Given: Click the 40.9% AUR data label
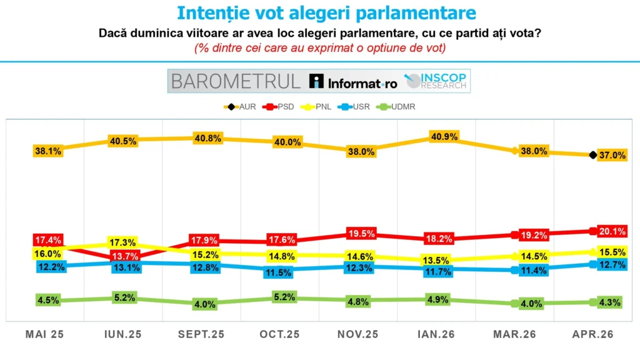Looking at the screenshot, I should (444, 136).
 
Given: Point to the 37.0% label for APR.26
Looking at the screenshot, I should (612, 156).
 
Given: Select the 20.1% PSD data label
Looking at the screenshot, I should (612, 231).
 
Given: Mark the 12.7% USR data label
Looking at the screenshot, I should (612, 265).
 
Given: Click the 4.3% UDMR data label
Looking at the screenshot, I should (610, 302).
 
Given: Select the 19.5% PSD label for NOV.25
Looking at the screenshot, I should (361, 234).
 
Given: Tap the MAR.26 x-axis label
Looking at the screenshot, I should (514, 334).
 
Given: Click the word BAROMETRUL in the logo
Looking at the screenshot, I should (236, 81).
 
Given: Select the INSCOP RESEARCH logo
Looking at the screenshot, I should (438, 81).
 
